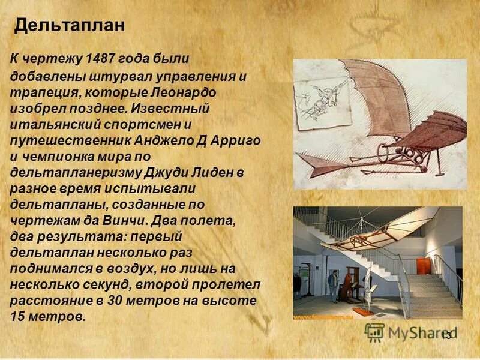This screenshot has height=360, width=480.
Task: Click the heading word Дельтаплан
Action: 70,25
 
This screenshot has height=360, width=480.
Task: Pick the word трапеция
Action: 38,94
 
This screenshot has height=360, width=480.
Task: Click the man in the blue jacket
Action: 333,282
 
